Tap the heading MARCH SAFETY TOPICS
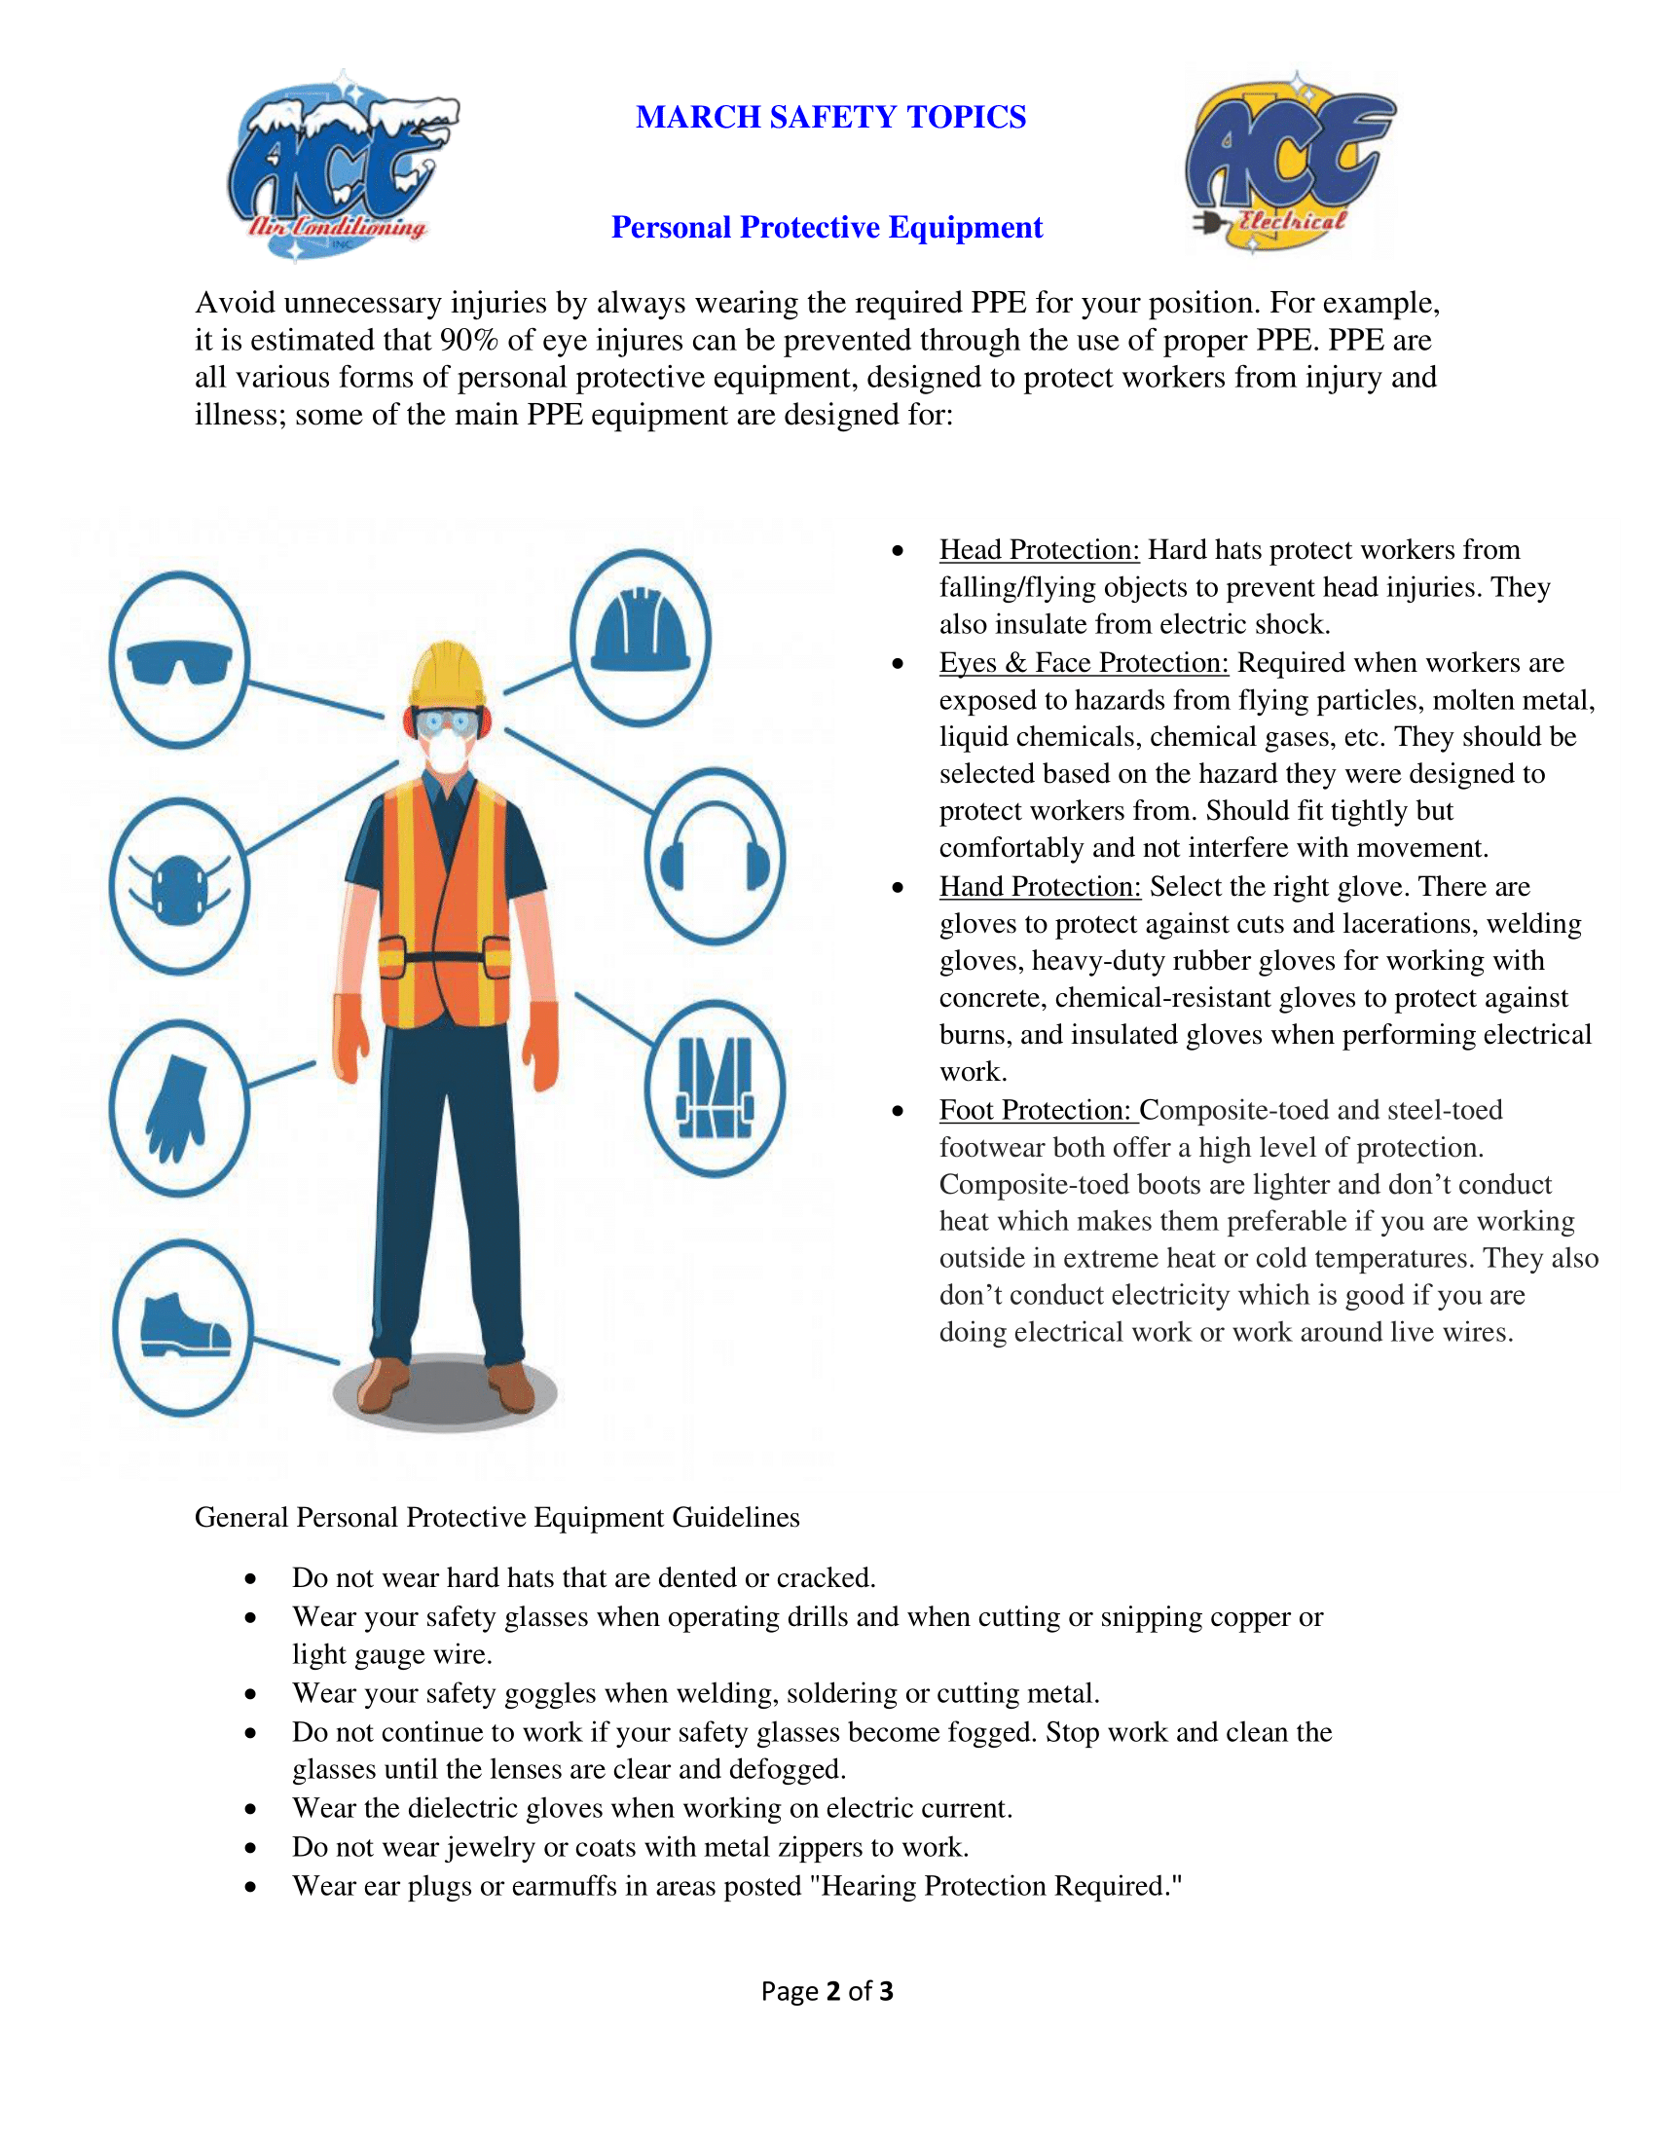pos(830,117)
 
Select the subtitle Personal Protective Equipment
pos(827,228)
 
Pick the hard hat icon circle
pos(641,638)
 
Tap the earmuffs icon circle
pos(715,855)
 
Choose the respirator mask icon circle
pos(179,887)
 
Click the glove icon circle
pos(179,1108)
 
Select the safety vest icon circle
pos(715,1089)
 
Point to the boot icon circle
pos(183,1328)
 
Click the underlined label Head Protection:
pos(1040,550)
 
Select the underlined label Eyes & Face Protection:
pos(1084,663)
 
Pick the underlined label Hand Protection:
pos(1041,887)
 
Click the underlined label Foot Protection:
pos(1037,1110)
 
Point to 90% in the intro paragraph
pos(468,341)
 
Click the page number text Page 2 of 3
pos(827,1991)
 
